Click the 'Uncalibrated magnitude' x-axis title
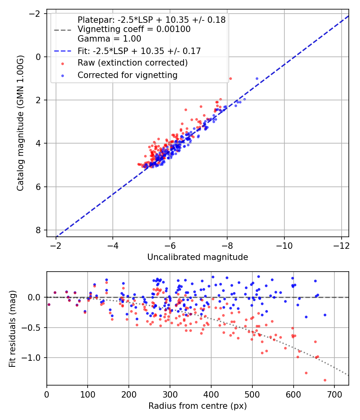coord(198,257)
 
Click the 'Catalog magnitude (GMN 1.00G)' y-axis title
coord(20,123)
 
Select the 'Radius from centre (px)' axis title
coord(198,406)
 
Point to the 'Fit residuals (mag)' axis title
coord(12,328)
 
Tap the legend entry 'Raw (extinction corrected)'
coord(132,63)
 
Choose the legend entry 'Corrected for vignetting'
coord(127,75)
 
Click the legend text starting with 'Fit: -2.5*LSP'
coord(139,51)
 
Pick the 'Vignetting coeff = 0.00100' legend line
coord(134,29)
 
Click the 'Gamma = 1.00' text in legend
coord(109,39)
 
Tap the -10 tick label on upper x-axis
coord(284,244)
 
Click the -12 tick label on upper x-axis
coord(342,244)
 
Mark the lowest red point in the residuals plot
coord(325,380)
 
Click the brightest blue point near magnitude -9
coord(257,78)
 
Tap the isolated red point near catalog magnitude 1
coord(230,78)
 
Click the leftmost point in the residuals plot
coord(49,304)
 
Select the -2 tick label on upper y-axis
coord(36,14)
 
